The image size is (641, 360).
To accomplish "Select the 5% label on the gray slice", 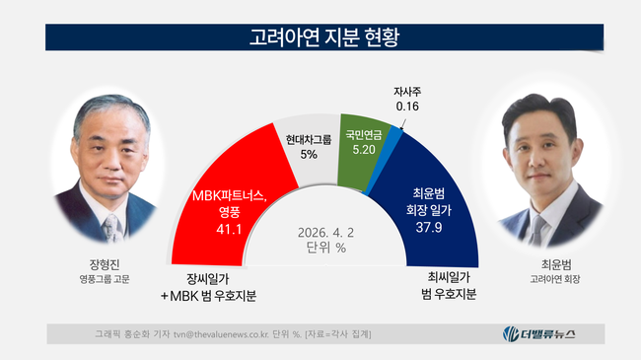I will coord(309,155).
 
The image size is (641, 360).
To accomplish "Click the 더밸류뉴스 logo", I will coord(539,334).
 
